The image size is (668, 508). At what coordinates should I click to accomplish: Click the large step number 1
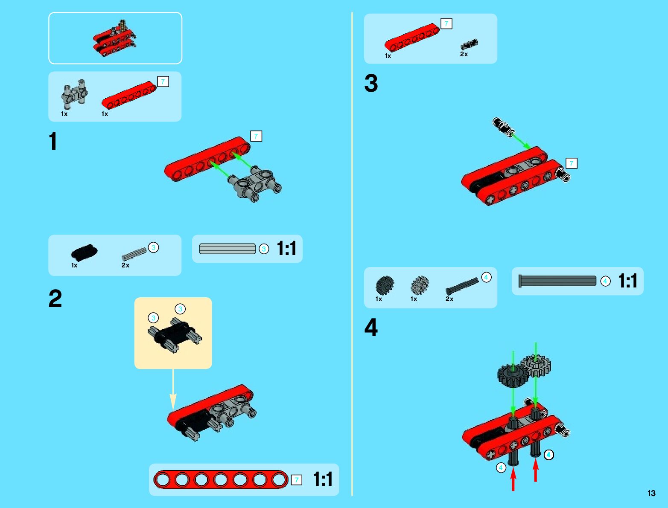[x=53, y=141]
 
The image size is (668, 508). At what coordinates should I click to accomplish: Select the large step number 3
[x=371, y=83]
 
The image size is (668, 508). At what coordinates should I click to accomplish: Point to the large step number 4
[x=371, y=328]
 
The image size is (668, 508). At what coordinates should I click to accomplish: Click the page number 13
[x=651, y=493]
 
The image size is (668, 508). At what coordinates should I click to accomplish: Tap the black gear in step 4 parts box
[x=385, y=285]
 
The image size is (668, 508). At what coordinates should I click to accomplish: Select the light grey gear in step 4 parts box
[x=420, y=285]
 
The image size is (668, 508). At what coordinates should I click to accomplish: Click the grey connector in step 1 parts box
[x=74, y=94]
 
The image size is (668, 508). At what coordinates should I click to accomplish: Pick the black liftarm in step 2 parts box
[x=84, y=253]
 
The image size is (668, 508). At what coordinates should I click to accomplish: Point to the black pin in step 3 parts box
[x=469, y=44]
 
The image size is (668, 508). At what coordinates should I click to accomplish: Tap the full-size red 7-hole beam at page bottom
[x=221, y=480]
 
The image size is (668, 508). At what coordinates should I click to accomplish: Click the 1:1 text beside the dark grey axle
[x=628, y=281]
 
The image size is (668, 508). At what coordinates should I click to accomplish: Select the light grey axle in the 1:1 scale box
[x=228, y=249]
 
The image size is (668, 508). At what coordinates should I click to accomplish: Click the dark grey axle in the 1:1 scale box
[x=557, y=281]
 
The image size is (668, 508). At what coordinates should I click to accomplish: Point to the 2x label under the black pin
[x=464, y=54]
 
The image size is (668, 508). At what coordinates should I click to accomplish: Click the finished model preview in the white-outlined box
[x=114, y=38]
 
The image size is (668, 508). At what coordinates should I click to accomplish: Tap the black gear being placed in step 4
[x=513, y=376]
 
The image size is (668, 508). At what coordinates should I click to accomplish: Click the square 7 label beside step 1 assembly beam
[x=256, y=136]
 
